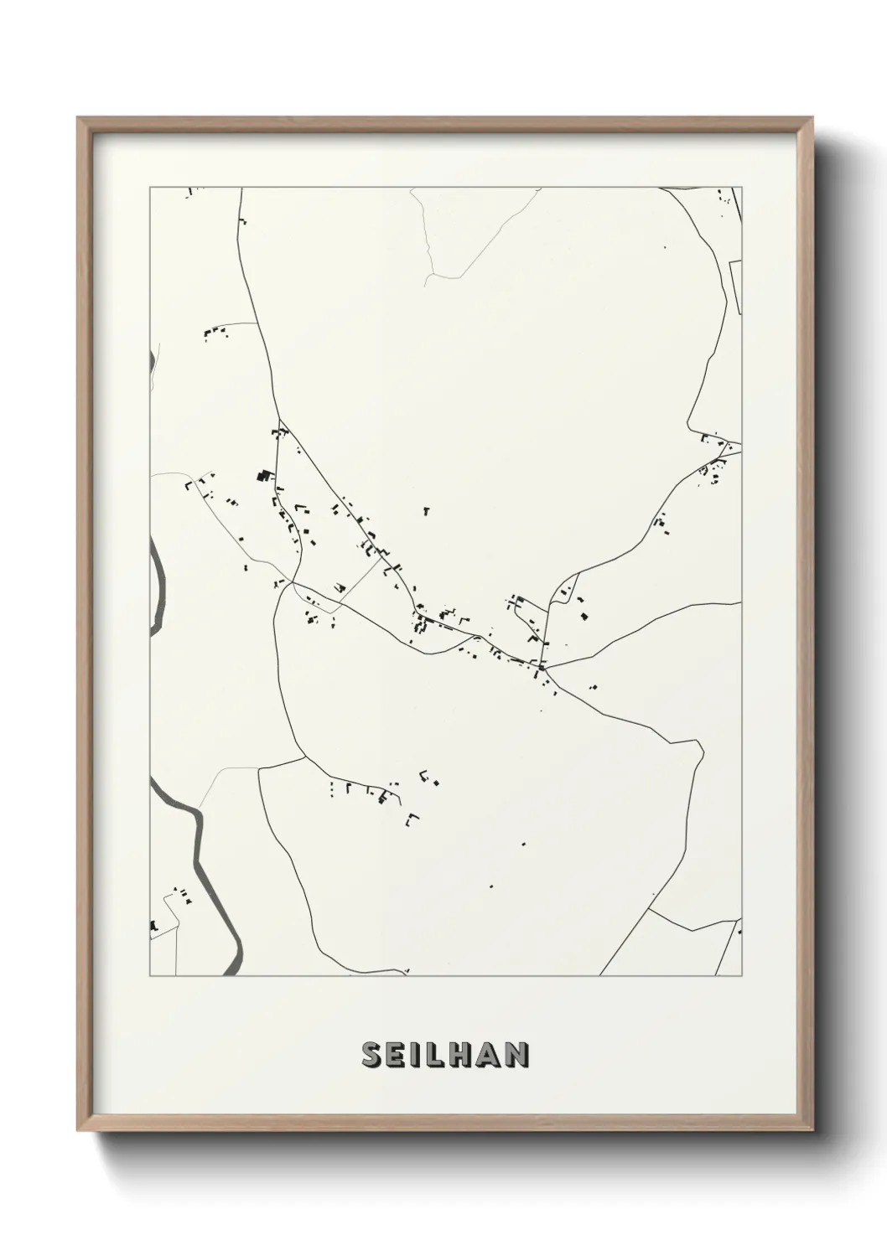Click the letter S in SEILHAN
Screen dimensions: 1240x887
tap(371, 1055)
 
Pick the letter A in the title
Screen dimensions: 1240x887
tap(488, 1055)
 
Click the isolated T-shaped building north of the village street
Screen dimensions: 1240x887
tap(426, 509)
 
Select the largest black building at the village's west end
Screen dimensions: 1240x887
tap(264, 476)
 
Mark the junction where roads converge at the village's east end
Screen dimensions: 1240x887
tap(543, 668)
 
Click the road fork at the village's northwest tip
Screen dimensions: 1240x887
tap(279, 421)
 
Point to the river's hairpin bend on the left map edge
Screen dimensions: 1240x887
tap(159, 586)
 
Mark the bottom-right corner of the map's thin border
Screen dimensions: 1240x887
tap(742, 976)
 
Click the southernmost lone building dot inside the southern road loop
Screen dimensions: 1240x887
tap(490, 886)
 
